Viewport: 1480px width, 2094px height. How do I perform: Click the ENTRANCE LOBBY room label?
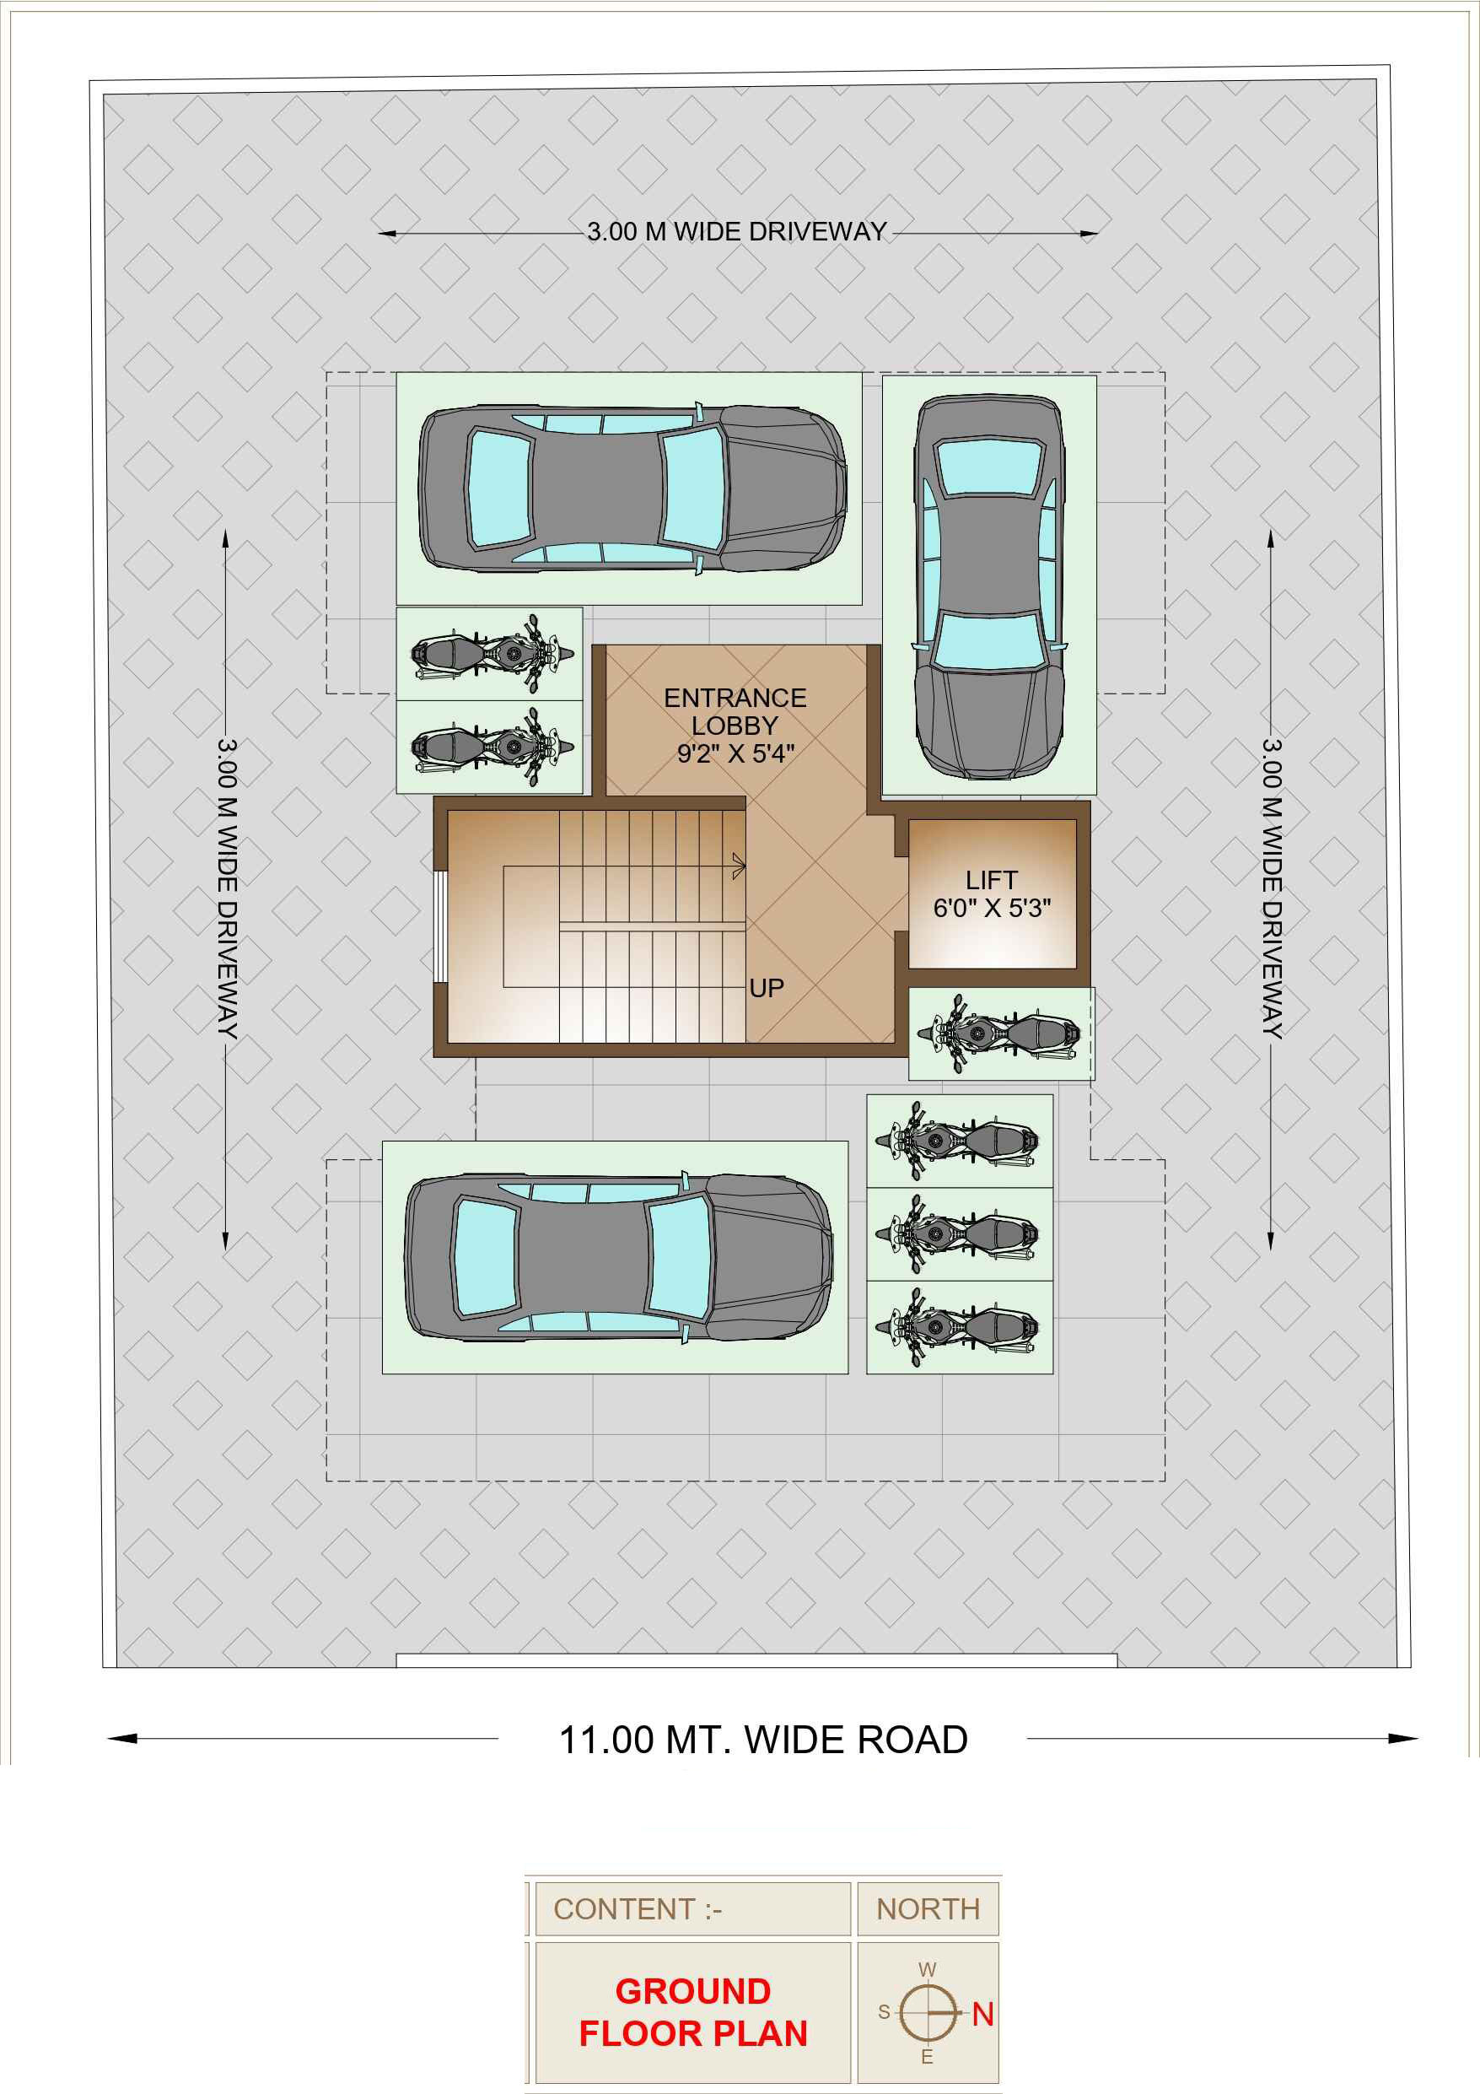coord(735,711)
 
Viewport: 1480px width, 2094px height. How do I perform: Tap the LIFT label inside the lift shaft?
coord(991,880)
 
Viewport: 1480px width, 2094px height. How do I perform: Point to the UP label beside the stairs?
coord(766,988)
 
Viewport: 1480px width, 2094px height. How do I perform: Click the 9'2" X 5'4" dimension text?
coord(736,753)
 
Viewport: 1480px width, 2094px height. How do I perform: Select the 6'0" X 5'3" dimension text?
coord(992,908)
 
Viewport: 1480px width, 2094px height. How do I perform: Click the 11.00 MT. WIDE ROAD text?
coord(763,1741)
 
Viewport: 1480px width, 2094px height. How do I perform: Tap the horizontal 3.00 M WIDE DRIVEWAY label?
coord(737,232)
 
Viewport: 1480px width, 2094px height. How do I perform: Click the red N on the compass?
coord(983,2014)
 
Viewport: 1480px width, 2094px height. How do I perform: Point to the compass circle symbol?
coord(928,2012)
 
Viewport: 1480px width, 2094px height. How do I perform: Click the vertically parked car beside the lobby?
coord(989,586)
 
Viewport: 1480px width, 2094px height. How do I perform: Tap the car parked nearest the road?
coord(618,1257)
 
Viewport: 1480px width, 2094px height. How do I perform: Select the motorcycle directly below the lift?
coord(1000,1034)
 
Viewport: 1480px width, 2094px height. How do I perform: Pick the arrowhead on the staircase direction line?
coord(739,866)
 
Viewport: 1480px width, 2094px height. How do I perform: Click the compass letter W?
coord(928,1970)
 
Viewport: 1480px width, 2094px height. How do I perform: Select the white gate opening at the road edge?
coord(757,1661)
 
